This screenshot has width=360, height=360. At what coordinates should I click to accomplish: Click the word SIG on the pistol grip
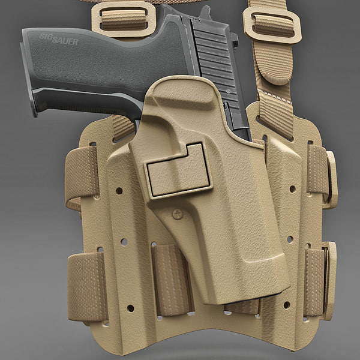(x=46, y=37)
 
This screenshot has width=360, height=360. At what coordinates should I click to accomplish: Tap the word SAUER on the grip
(x=65, y=40)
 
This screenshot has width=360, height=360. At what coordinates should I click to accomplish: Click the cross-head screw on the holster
(x=178, y=214)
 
